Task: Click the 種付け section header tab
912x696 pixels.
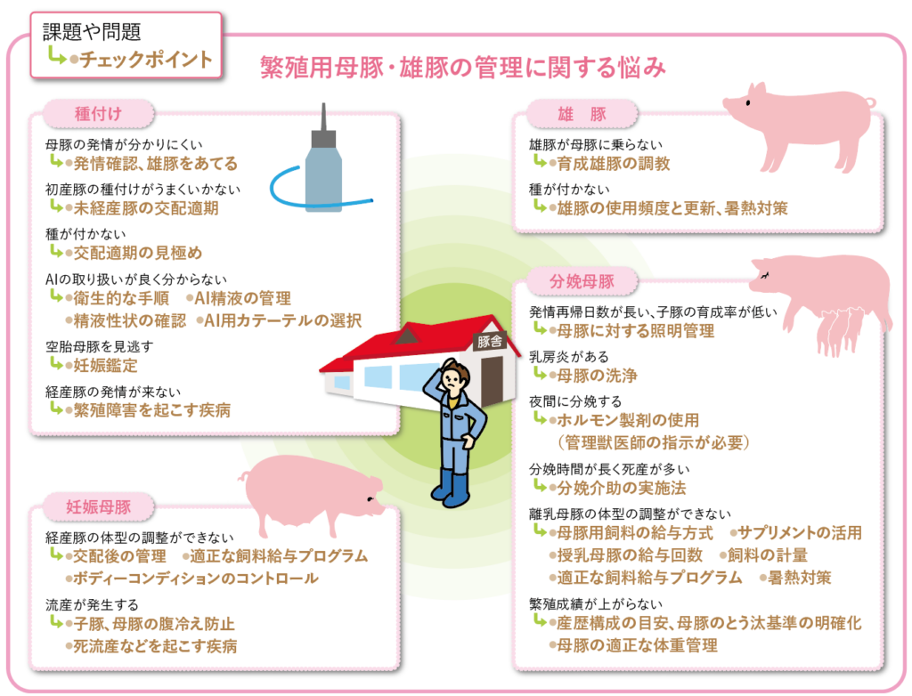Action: point(98,113)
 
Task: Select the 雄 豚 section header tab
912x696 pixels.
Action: point(582,114)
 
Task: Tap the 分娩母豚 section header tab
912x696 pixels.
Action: point(582,281)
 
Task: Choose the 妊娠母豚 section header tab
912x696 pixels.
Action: point(98,507)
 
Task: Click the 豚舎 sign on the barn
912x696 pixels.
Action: point(489,342)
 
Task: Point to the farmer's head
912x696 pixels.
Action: point(454,379)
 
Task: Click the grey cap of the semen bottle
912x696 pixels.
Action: point(323,138)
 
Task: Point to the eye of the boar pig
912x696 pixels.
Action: point(748,103)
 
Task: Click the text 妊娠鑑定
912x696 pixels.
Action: point(105,366)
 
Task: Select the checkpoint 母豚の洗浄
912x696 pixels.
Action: point(597,376)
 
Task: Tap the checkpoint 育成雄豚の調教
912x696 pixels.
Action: point(613,164)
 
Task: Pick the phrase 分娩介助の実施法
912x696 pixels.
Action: point(621,488)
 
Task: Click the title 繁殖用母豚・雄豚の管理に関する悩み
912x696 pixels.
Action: point(462,68)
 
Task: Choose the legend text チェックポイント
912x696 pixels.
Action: point(145,59)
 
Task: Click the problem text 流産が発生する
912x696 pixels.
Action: point(92,605)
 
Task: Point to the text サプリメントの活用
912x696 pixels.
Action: point(799,532)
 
